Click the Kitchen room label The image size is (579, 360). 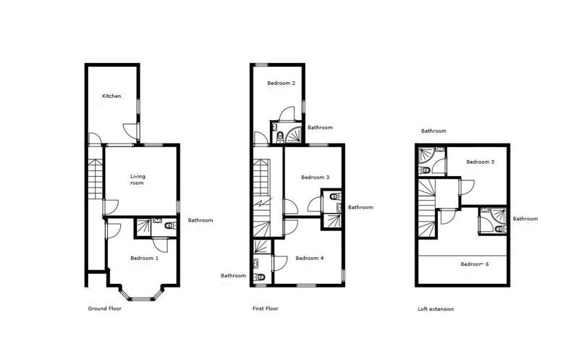click(111, 96)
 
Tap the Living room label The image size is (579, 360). click(138, 180)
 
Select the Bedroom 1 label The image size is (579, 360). click(144, 258)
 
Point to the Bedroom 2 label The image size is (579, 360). click(282, 83)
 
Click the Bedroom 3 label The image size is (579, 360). click(316, 177)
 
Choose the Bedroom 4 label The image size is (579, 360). click(310, 258)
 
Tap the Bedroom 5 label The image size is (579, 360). click(481, 162)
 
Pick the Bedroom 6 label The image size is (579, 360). click(475, 264)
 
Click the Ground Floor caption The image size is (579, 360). click(104, 309)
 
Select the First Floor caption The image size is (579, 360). click(266, 309)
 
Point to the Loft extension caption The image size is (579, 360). click(436, 309)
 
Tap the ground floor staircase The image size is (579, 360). click(96, 180)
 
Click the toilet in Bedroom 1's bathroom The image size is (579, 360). click(170, 225)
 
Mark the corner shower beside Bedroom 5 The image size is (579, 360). click(426, 155)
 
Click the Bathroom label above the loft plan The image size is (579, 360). click(434, 131)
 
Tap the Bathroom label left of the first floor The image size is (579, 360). click(233, 275)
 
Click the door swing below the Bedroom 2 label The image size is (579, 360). click(287, 114)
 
